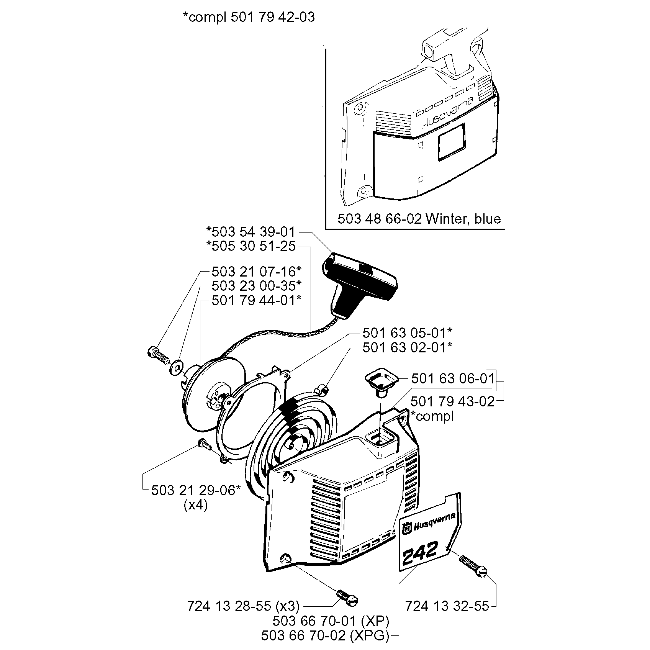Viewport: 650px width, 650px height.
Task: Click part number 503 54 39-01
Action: pyautogui.click(x=251, y=232)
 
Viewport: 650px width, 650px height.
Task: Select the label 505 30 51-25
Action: pyautogui.click(x=251, y=246)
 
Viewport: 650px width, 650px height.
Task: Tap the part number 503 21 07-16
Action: pyautogui.click(x=256, y=272)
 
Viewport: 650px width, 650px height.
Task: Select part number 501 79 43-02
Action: pyautogui.click(x=453, y=401)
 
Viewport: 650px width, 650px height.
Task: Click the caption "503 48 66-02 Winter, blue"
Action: pyautogui.click(x=419, y=219)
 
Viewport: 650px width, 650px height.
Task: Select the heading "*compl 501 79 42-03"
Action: pyautogui.click(x=249, y=17)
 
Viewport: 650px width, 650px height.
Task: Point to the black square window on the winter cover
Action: pyautogui.click(x=452, y=142)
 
